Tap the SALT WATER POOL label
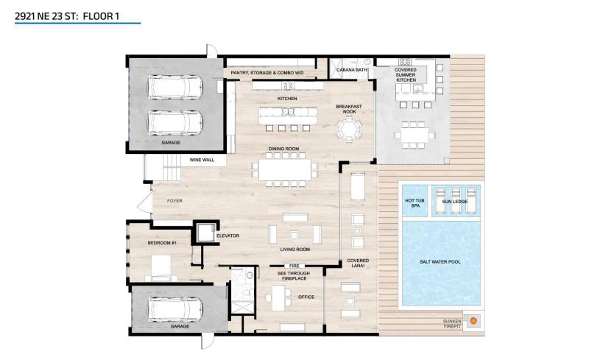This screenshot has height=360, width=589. (440, 261)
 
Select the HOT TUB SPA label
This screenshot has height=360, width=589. (414, 202)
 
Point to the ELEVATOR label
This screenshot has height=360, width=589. (228, 236)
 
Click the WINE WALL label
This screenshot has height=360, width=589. (202, 159)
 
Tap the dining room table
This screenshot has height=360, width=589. (286, 169)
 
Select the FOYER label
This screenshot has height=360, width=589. (174, 200)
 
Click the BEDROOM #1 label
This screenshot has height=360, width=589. (162, 242)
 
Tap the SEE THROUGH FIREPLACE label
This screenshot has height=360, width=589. (293, 276)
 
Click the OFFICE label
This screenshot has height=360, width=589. (306, 297)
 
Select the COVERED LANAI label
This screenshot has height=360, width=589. (359, 264)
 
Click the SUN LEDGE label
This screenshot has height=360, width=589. (454, 200)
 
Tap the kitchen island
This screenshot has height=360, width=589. (286, 113)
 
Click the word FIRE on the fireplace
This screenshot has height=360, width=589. (294, 265)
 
